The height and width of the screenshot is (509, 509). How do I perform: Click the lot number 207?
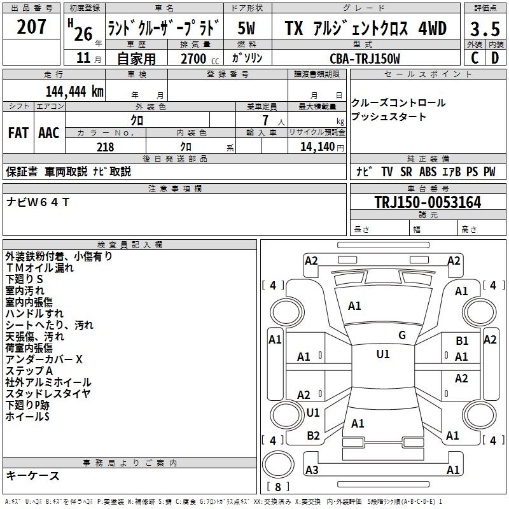pos(31,26)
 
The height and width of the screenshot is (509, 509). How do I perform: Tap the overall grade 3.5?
pos(485,29)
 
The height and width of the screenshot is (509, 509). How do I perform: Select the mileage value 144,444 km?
pos(74,92)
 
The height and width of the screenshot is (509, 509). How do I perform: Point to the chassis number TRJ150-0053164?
pos(428,202)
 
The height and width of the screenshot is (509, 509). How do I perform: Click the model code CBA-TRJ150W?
pos(365,59)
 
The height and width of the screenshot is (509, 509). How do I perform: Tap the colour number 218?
pos(106,147)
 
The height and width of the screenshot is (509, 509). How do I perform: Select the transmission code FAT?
pos(18,133)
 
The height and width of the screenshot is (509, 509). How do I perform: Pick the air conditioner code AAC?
pos(49,133)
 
